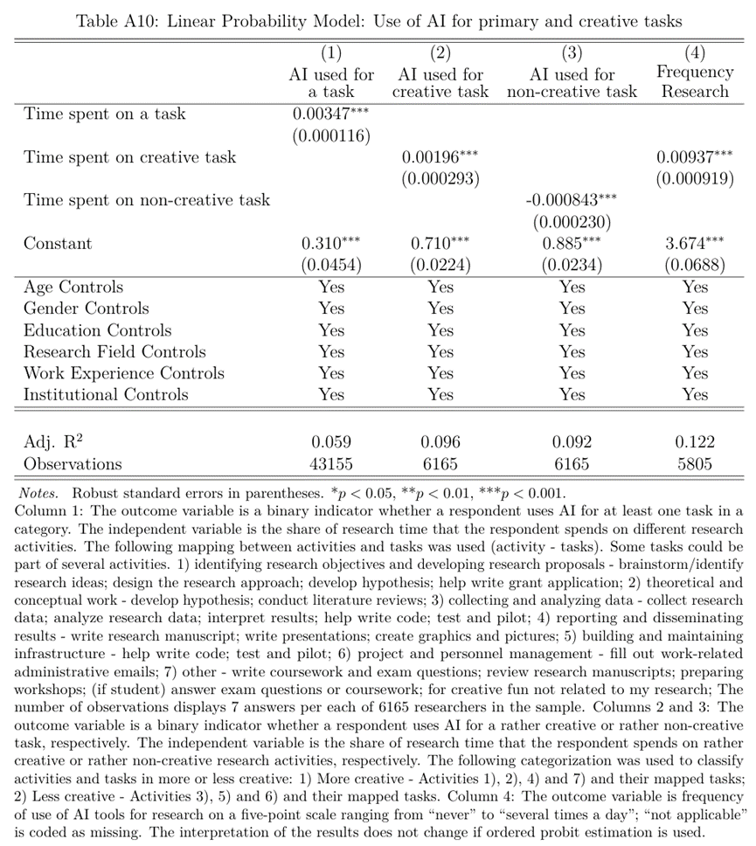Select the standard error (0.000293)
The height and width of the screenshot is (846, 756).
click(440, 179)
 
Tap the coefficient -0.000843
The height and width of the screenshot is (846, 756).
click(565, 200)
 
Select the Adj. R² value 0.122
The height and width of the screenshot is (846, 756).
click(695, 442)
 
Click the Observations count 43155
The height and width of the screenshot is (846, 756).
click(331, 464)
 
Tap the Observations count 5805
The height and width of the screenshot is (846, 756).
click(695, 464)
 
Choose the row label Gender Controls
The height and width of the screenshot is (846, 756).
click(87, 309)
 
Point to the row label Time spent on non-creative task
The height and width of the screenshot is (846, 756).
click(147, 200)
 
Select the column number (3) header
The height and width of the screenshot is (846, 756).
click(572, 53)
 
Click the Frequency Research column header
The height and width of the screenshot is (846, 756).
click(695, 82)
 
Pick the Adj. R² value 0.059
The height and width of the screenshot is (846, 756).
click(331, 442)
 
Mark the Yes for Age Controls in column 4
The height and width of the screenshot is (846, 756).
click(695, 287)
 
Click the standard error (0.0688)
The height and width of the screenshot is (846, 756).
click(695, 265)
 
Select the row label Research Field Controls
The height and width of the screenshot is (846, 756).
click(114, 351)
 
